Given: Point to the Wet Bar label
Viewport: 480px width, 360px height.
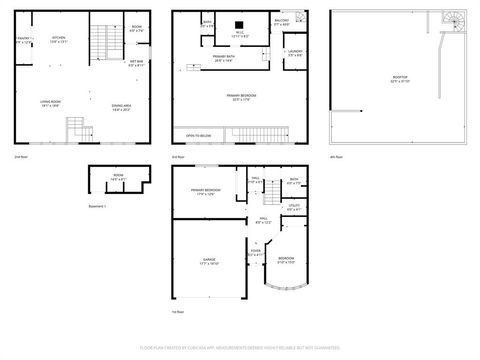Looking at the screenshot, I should [138, 63].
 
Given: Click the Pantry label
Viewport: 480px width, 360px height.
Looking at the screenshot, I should [25, 40].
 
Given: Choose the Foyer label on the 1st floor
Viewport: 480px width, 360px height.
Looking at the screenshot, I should [255, 252].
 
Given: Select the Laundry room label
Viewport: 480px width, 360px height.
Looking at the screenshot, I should [294, 52].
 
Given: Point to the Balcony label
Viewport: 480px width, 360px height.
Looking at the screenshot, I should [282, 21].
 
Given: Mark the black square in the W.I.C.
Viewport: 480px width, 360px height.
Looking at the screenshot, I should [240, 25].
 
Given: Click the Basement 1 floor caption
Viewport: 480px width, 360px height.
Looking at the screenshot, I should [98, 206].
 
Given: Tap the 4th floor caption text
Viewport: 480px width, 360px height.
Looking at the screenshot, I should [337, 157].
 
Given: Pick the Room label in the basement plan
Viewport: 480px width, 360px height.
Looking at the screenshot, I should [118, 177].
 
